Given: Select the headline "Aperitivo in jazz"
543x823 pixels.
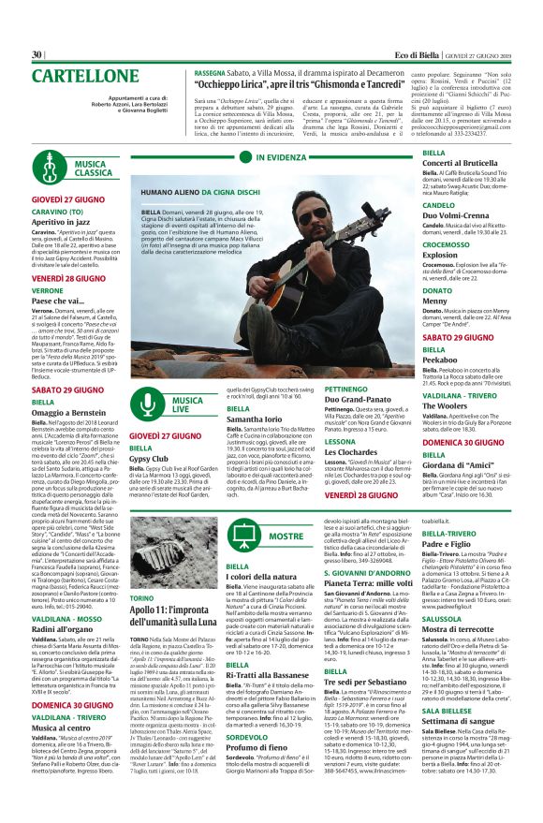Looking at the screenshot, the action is (x=73, y=220).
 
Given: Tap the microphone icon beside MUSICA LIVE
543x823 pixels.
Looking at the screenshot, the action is (x=149, y=404).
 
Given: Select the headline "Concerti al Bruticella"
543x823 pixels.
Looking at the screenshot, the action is (x=460, y=163).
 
